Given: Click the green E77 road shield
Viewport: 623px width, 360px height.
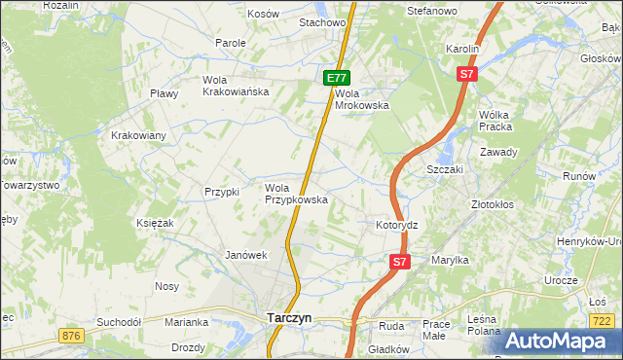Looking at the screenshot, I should point(336,78).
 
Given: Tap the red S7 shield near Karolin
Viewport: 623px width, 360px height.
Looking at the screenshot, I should point(467,73).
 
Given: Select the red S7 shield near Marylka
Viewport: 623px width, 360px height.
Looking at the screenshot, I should point(400,262).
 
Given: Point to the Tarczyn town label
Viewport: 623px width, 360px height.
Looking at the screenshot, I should point(289,317).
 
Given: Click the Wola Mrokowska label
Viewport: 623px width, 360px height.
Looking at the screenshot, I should point(362,99).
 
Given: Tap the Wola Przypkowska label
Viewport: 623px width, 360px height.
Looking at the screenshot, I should point(296,194).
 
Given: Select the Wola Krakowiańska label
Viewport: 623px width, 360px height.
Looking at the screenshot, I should point(235,86).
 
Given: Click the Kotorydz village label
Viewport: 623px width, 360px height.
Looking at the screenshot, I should point(396,225).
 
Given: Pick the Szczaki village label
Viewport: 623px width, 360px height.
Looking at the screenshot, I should point(445,168).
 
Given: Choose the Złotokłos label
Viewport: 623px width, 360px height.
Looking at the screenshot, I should point(492,205).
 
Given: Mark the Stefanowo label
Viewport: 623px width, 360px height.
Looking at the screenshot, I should point(432,11).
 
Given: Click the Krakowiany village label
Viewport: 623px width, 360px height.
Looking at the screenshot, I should point(138,135).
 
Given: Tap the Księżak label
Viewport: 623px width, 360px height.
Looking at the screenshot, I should point(155,223).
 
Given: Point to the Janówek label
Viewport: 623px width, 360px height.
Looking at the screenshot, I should point(245,255).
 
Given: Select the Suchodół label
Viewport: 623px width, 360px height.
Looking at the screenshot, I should point(119,321).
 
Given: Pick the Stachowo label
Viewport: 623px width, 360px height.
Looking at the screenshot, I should point(323,21).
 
